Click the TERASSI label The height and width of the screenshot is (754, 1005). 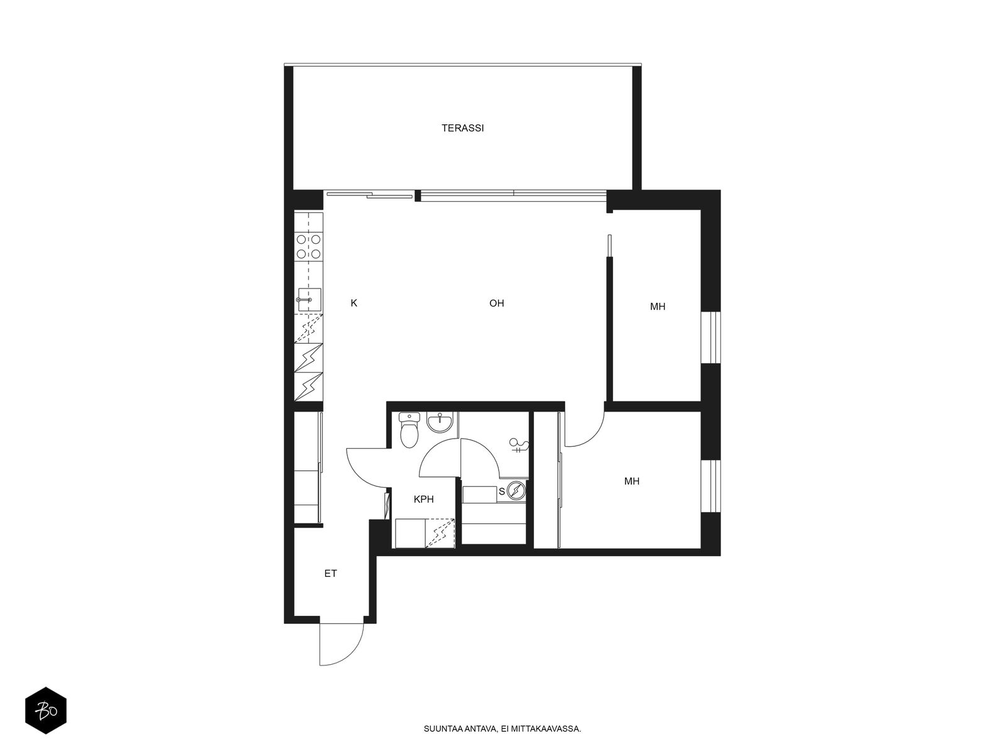[x=462, y=128]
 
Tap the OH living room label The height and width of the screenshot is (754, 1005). [x=496, y=303]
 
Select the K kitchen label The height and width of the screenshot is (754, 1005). [x=354, y=303]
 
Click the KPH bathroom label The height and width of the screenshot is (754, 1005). [x=423, y=499]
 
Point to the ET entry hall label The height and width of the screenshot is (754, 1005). [x=330, y=573]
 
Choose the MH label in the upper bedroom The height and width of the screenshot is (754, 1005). [x=658, y=307]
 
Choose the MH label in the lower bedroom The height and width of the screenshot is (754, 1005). [x=632, y=481]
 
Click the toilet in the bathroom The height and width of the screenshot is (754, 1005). [x=409, y=430]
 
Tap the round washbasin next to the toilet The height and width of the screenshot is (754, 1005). [x=440, y=422]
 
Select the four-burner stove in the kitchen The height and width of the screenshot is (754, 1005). [x=308, y=246]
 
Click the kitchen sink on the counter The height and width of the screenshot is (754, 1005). [x=309, y=300]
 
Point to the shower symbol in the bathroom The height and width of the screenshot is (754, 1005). [x=519, y=445]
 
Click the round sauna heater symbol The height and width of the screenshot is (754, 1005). [x=516, y=491]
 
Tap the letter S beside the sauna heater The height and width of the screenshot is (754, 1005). [x=502, y=492]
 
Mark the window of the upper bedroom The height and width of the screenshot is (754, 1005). [x=710, y=338]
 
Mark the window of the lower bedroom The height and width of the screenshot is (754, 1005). [x=710, y=486]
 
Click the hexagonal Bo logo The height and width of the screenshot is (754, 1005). [x=46, y=711]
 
